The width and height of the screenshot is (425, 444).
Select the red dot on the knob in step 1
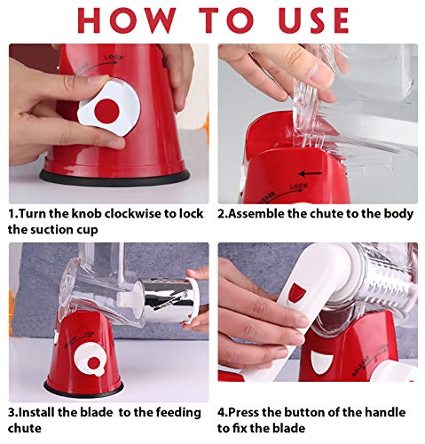[108, 110]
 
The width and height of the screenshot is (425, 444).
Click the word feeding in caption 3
[182, 413]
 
